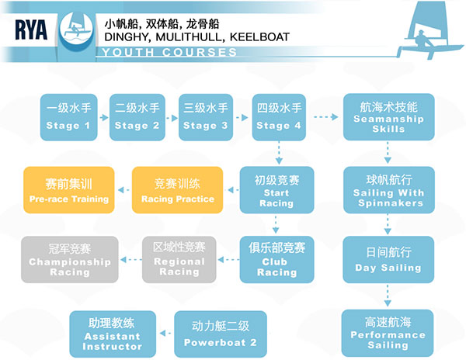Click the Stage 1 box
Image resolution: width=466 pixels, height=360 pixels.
(x=68, y=116)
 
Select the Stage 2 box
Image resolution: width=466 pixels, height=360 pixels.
(x=137, y=116)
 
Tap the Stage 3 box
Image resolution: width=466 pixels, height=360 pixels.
(x=203, y=116)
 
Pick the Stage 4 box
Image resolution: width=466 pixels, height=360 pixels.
(x=278, y=116)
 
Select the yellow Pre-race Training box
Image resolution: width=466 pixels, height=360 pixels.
(x=68, y=190)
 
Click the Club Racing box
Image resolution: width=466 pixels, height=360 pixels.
(x=276, y=259)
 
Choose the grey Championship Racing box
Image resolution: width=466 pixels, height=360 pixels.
(x=68, y=259)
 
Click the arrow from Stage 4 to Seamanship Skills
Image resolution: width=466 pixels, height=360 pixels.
(x=326, y=117)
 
